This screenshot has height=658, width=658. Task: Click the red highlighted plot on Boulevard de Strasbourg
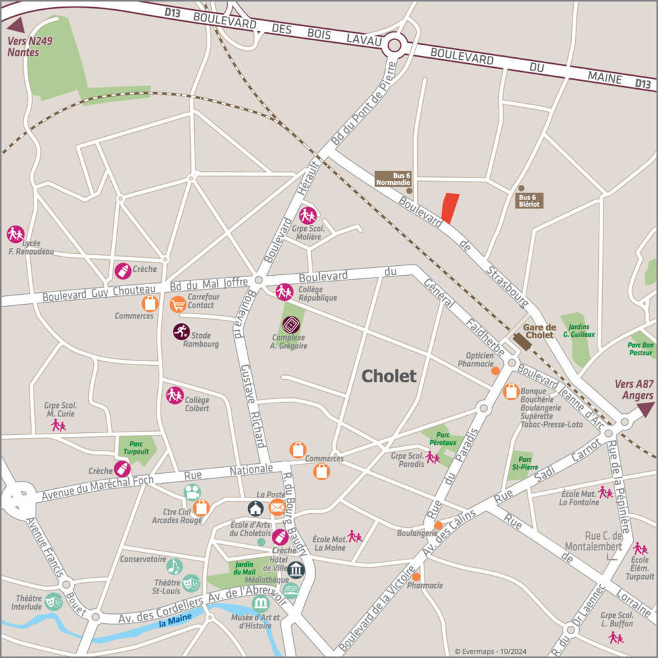tap(449, 208)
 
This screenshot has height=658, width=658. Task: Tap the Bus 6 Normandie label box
tap(393, 179)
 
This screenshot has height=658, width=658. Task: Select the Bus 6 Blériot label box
tap(529, 201)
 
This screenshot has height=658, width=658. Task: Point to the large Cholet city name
tap(389, 376)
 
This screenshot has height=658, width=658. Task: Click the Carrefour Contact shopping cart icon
tap(178, 304)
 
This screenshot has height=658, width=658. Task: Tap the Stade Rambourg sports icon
tap(181, 332)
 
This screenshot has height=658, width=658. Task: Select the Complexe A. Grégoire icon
tap(290, 324)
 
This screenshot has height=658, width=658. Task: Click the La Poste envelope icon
tap(277, 507)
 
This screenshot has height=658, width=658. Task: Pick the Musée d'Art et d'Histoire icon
tap(261, 603)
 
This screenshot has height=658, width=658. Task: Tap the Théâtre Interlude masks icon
tap(53, 600)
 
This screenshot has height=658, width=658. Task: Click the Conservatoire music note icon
tap(174, 566)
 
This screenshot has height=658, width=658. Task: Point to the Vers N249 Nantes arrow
tap(16, 25)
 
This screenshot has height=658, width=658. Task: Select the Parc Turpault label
tap(136, 448)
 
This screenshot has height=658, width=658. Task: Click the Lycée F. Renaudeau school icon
tap(15, 234)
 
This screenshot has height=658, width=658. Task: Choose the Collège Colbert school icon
tap(174, 395)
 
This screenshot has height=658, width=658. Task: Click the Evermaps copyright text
tap(490, 651)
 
